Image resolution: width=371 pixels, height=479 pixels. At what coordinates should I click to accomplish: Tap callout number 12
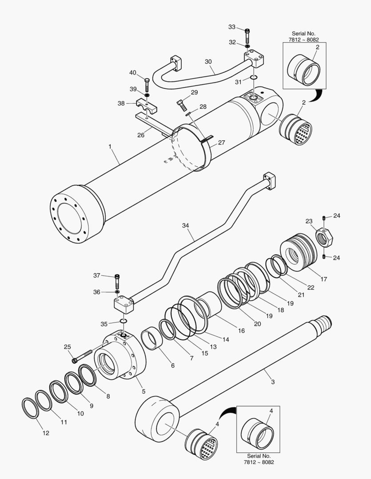(46, 433)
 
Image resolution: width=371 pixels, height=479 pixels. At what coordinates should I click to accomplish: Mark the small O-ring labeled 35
(124, 321)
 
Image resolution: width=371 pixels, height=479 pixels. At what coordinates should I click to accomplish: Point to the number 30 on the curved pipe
(208, 62)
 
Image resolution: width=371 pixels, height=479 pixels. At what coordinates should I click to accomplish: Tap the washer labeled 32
(247, 46)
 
